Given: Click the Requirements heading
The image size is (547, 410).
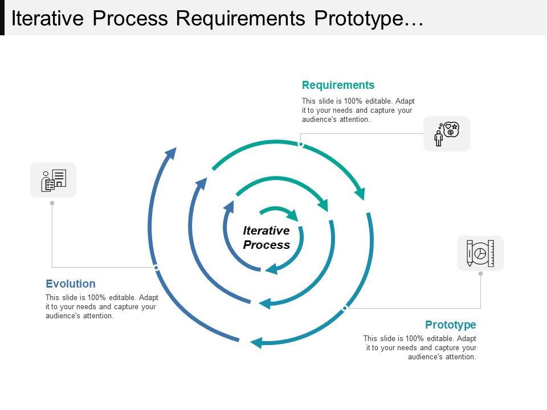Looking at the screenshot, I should tap(338, 85).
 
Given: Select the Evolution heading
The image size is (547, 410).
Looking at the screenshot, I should tap(71, 284).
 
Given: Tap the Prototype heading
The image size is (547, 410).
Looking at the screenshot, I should tap(450, 325).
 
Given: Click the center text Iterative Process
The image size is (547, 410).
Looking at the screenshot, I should tap(266, 238).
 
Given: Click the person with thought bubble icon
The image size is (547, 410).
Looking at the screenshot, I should tap(447, 134).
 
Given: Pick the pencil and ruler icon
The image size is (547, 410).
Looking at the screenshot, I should tap(480, 253).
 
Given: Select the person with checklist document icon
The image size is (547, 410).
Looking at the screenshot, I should tap(54, 180).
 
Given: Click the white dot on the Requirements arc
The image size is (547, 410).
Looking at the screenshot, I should tap(301, 145).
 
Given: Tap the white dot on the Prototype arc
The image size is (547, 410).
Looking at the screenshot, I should tap(345, 308).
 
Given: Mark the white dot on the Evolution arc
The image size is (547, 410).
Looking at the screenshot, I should tap(156, 267).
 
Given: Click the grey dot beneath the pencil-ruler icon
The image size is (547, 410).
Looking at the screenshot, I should tap(480, 274).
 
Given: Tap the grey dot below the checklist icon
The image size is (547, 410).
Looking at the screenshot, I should tap(52, 203).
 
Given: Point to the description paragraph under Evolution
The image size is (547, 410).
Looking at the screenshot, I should tap(101, 307).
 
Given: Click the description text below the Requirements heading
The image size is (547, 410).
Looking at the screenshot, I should tap(357, 110).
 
